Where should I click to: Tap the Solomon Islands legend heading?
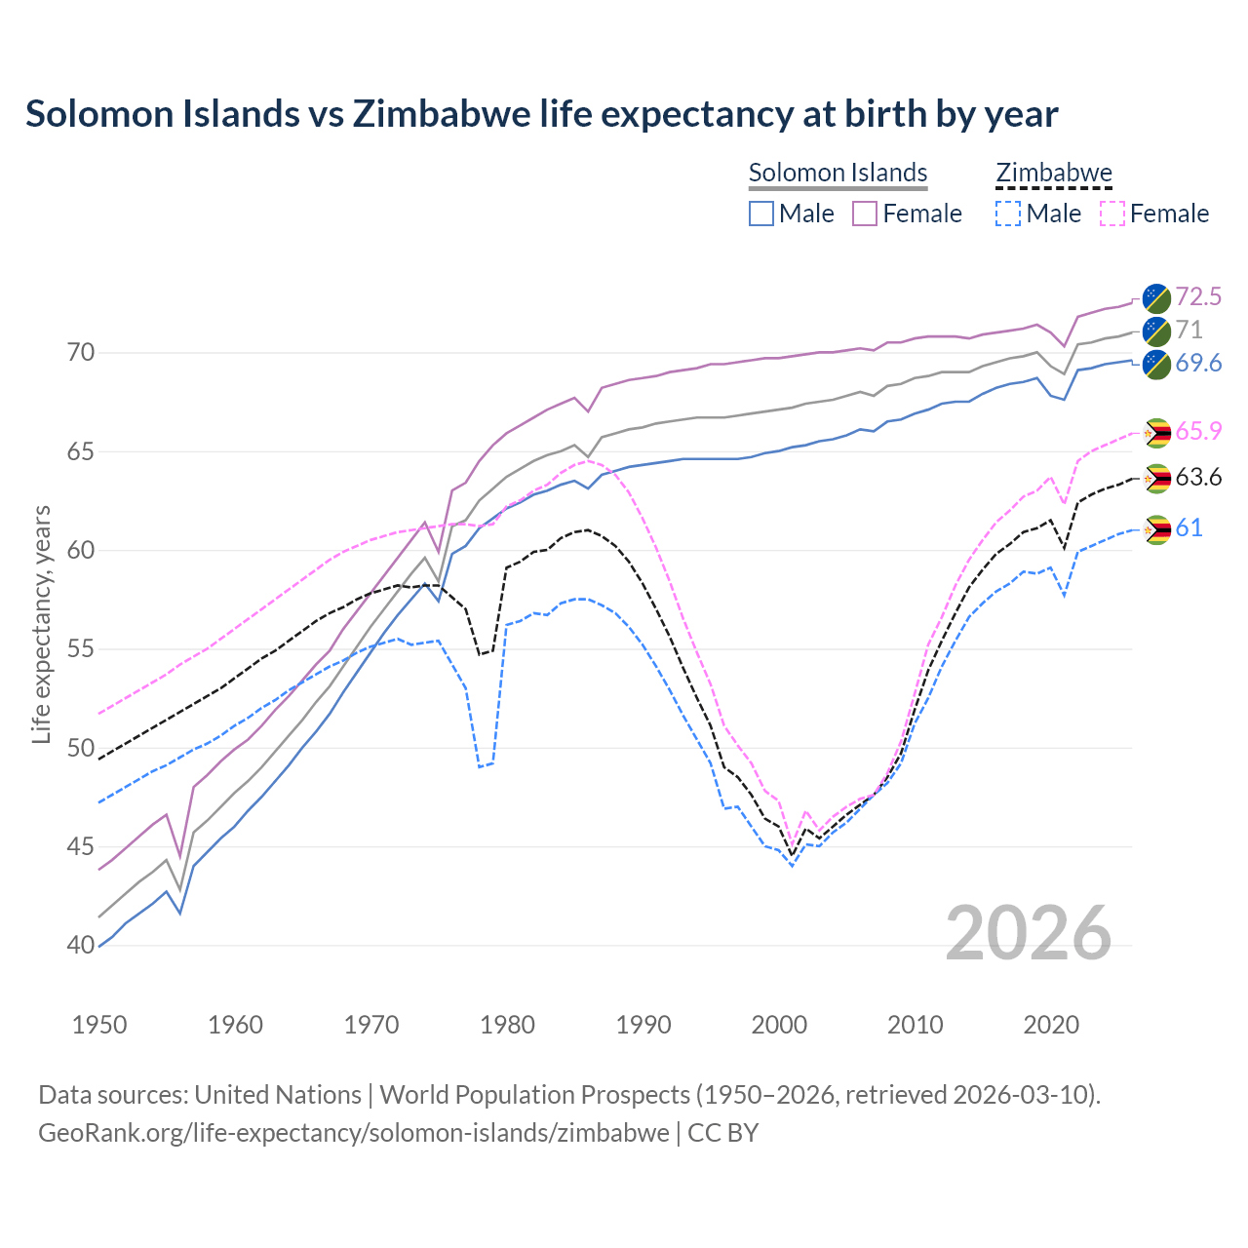tap(838, 173)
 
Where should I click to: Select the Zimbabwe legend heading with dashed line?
tap(1053, 173)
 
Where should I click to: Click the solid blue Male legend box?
tap(761, 214)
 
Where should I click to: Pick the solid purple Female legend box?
tap(865, 214)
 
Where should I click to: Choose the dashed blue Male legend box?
tap(1008, 214)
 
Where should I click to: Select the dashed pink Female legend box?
tap(1112, 214)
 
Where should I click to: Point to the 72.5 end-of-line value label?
tap(1197, 296)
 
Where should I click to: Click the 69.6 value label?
tap(1197, 364)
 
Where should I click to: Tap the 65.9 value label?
tap(1197, 431)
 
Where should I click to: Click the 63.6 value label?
tap(1197, 478)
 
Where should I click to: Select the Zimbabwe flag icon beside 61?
tap(1156, 529)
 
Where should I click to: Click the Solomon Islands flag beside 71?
tap(1156, 331)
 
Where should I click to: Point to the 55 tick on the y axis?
tap(82, 649)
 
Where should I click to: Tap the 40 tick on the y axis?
tap(82, 946)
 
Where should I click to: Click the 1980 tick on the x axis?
tap(507, 1025)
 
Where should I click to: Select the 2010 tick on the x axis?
tap(915, 1025)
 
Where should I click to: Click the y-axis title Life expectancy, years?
tap(42, 624)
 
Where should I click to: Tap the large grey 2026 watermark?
tap(1029, 933)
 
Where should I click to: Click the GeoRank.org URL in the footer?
tap(353, 1133)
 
